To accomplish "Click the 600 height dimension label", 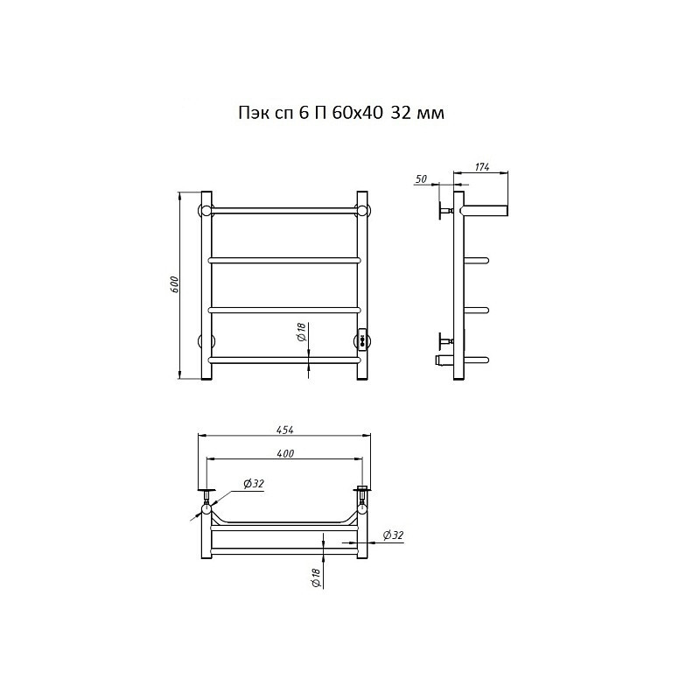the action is (174, 285).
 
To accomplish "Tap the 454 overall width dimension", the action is (285, 430).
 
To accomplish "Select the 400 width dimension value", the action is (285, 453).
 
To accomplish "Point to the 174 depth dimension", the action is (482, 167).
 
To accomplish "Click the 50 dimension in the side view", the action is (421, 179).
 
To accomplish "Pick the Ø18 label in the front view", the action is (300, 332).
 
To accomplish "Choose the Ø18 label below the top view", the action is (315, 578).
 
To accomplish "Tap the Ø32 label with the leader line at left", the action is (254, 484).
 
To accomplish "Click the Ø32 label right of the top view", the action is (393, 535).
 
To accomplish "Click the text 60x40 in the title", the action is (357, 114).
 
